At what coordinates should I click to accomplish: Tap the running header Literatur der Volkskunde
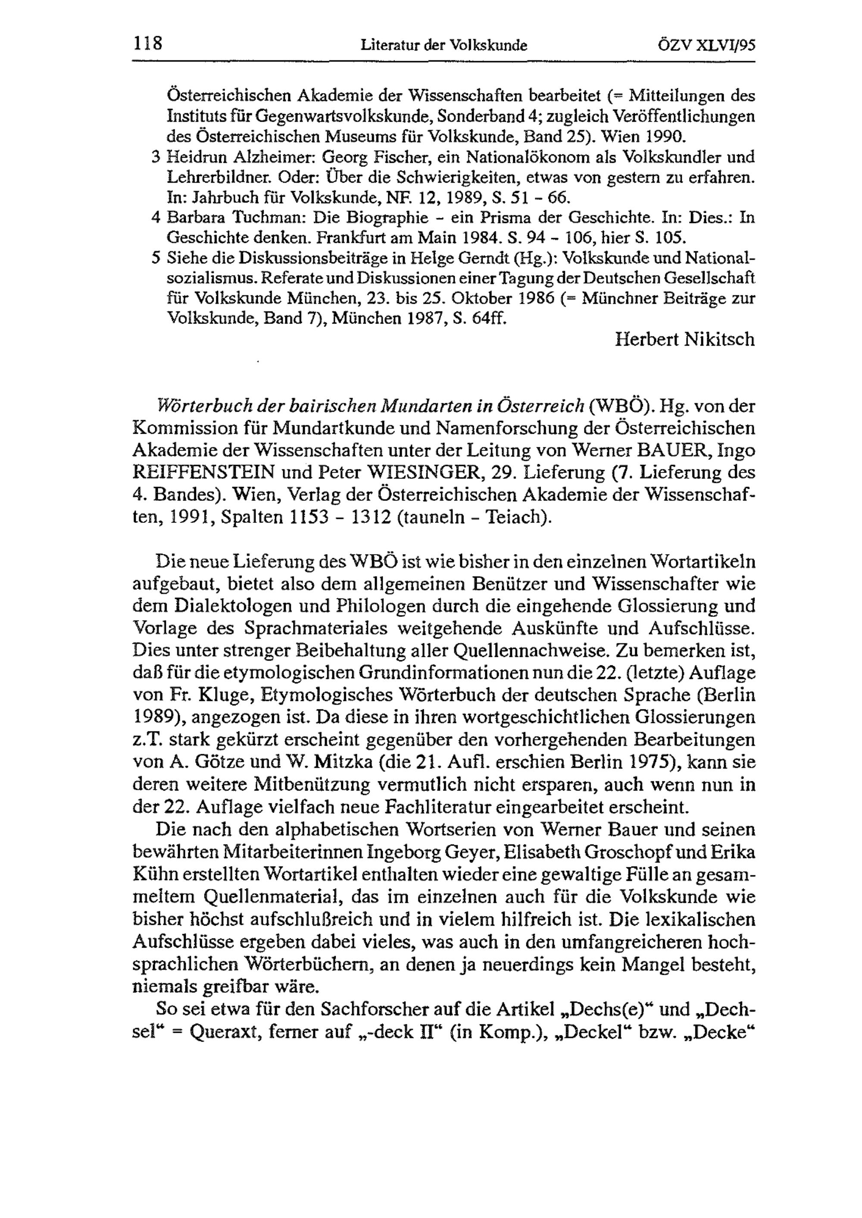444,46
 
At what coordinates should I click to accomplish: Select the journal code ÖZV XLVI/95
706,46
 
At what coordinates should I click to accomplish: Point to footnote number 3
155,158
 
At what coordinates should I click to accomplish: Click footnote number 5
155,258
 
